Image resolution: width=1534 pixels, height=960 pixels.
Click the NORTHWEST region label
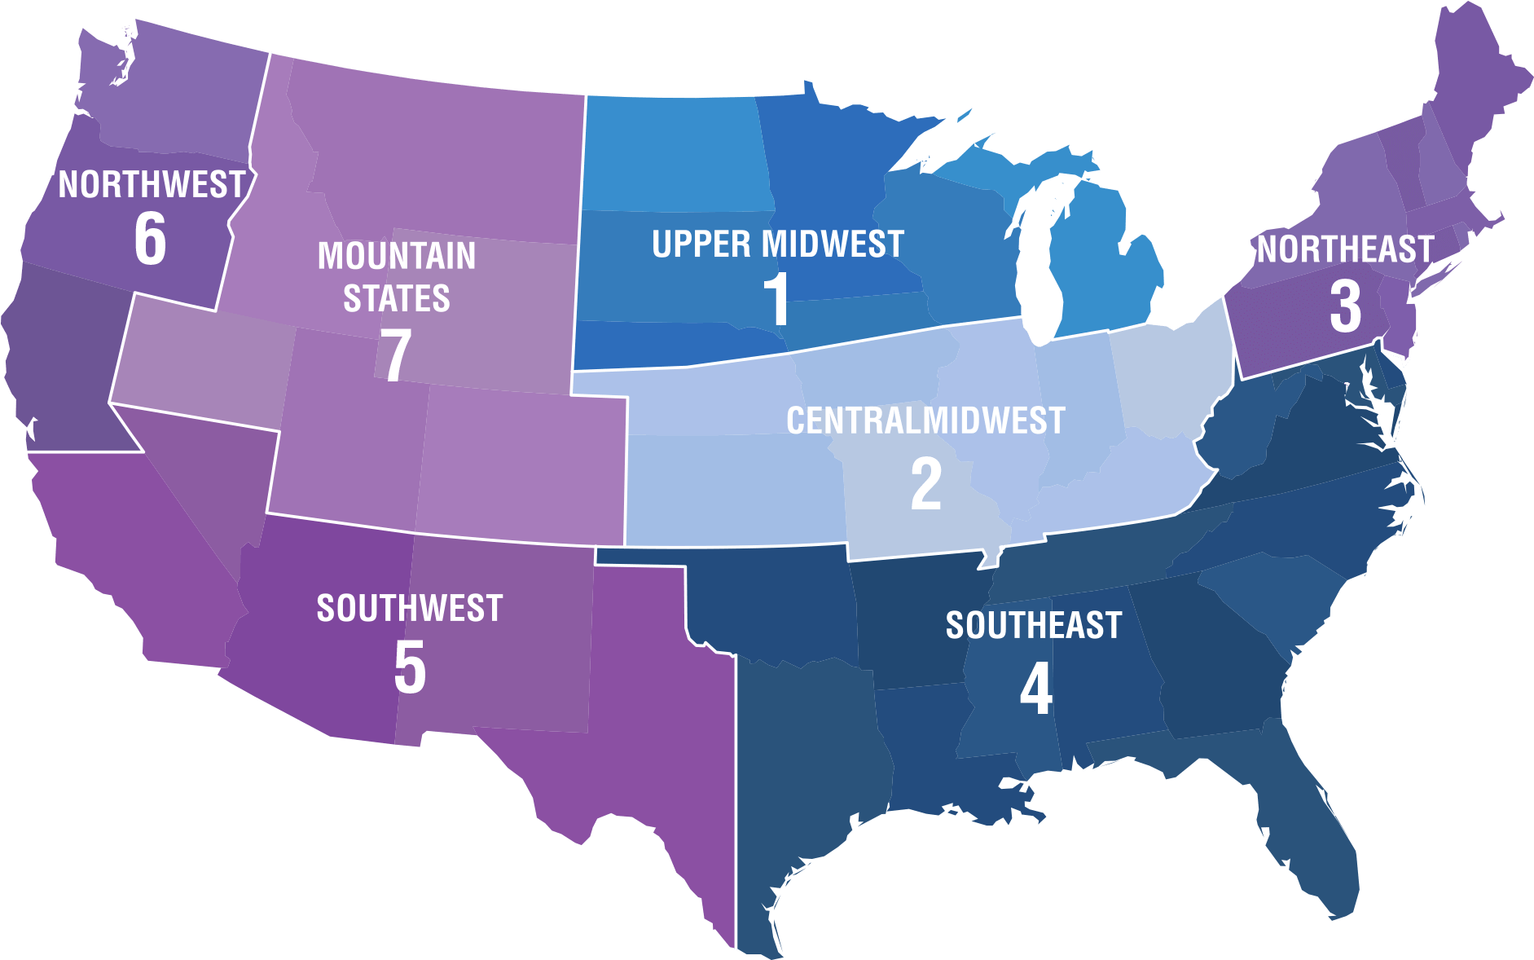click(152, 185)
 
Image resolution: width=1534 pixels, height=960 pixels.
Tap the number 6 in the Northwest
click(151, 239)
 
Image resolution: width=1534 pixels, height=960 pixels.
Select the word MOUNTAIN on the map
click(397, 256)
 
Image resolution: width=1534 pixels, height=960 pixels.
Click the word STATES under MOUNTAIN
click(397, 298)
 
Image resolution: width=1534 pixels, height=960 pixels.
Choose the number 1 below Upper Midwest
click(777, 300)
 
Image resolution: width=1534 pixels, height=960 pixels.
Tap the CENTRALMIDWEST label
click(925, 421)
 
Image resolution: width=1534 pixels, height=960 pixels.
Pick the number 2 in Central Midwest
click(926, 485)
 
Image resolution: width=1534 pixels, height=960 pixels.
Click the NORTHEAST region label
click(1345, 249)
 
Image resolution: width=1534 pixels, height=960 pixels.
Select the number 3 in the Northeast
click(1345, 307)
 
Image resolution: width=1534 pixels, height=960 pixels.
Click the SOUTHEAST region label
click(1034, 625)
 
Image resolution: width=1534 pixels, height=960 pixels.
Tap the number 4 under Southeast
click(1035, 689)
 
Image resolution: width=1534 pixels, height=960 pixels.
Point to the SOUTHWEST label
click(410, 608)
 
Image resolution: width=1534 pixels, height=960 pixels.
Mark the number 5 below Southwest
click(410, 667)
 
